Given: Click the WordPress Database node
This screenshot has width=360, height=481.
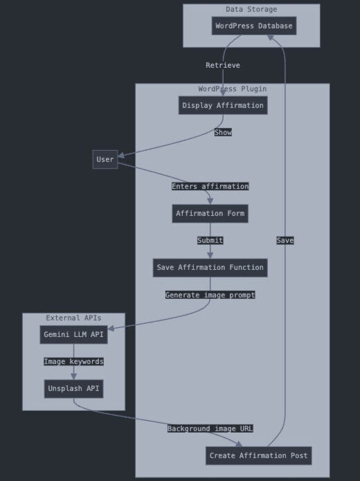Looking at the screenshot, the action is point(254,26).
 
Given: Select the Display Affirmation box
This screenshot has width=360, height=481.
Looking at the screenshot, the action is point(223,105).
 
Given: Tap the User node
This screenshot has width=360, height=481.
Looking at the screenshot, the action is point(105,159).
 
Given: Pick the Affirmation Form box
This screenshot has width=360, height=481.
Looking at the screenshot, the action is point(210,213).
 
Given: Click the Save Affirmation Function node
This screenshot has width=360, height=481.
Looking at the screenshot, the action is point(210,268).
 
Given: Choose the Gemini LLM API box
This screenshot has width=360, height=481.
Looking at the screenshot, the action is point(73,335).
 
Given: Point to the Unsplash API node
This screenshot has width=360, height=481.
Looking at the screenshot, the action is point(73,389).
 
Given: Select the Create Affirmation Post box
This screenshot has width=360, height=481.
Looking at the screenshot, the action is point(259,456).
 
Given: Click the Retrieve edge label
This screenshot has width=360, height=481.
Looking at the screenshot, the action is point(223,65).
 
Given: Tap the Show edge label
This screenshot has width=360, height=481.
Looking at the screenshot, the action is point(223,132).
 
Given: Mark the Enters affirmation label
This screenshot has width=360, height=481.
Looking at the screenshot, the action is point(210,186).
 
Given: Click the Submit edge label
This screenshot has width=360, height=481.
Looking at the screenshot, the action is point(210,241).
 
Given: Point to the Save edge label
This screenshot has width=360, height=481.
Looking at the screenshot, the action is point(285,241).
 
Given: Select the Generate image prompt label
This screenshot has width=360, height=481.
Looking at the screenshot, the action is point(210,295).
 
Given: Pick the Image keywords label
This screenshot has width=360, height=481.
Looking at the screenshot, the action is point(73,362).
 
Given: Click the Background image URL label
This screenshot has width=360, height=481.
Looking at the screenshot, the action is point(210,428).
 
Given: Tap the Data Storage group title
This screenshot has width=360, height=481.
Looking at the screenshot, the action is point(251,10).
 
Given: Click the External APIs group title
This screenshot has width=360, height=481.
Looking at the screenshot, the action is point(73,318).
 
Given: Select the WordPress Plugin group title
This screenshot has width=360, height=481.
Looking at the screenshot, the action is point(233,89).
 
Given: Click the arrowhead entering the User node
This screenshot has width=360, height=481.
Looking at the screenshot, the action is point(121,156).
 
